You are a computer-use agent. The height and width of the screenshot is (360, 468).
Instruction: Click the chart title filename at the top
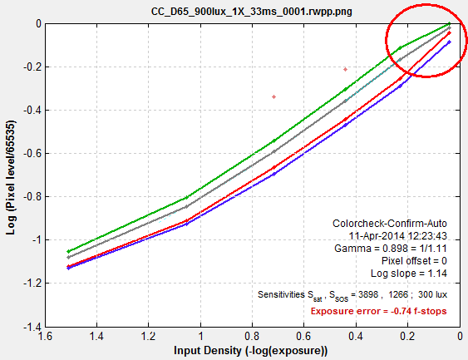[x=252, y=12]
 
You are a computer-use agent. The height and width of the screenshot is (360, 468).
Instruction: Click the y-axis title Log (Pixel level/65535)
[x=11, y=177]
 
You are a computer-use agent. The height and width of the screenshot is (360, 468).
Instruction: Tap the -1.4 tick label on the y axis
[x=32, y=327]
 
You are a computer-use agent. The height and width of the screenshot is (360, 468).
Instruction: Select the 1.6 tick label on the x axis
[x=45, y=337]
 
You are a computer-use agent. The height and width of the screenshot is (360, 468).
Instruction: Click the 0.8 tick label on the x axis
[x=252, y=337]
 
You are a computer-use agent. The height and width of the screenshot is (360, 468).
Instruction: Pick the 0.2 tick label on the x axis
[x=407, y=337]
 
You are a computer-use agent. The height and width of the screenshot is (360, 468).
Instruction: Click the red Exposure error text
[x=378, y=311]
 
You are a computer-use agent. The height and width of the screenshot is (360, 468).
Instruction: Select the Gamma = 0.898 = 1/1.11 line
[x=391, y=249]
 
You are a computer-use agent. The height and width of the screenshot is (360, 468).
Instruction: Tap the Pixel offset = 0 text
[x=414, y=261]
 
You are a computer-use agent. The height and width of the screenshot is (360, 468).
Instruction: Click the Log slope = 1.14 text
[x=409, y=274]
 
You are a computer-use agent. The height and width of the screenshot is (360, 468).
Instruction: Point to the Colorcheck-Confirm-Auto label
[x=390, y=224]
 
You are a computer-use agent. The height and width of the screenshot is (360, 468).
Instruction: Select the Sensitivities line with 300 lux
[x=352, y=295]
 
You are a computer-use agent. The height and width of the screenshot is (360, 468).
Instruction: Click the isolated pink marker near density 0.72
[x=274, y=96]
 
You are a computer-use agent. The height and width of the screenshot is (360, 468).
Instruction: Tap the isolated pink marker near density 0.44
[x=345, y=69]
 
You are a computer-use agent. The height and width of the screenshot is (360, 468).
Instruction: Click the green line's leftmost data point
[x=68, y=251]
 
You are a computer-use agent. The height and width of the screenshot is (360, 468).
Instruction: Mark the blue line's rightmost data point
[x=450, y=42]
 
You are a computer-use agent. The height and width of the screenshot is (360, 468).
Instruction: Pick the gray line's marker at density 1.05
[x=187, y=206]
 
